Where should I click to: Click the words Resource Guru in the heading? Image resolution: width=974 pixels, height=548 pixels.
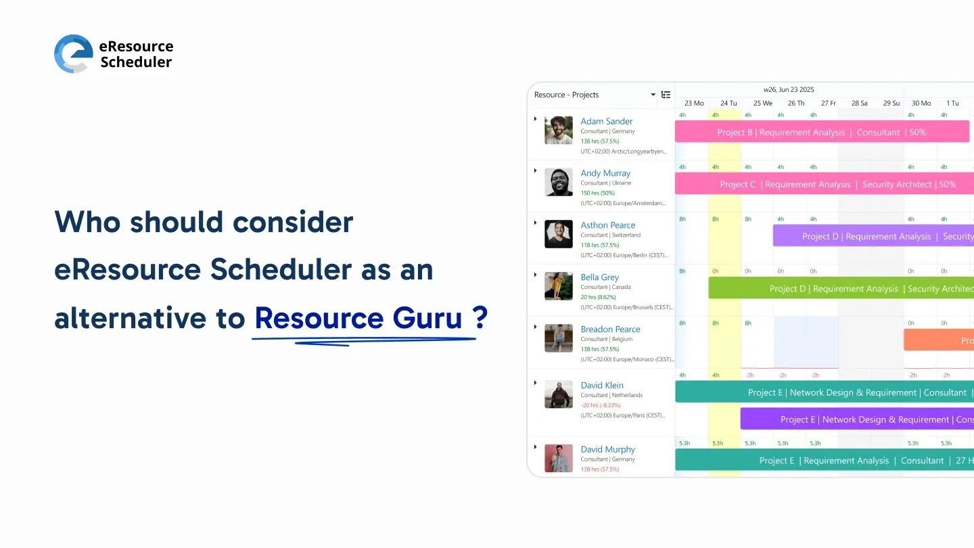[x=358, y=318]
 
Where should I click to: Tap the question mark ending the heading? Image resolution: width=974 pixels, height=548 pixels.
[x=480, y=318]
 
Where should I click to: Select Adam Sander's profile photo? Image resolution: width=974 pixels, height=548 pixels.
[x=558, y=130]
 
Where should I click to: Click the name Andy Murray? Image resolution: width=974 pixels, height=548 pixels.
[x=605, y=173]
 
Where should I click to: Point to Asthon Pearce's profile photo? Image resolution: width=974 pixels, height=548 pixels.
[x=558, y=234]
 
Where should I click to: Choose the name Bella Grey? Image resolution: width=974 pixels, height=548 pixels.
[x=600, y=277]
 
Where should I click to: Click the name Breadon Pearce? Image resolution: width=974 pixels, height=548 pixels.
[x=610, y=329]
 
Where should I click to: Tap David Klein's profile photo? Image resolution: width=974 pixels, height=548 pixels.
[x=558, y=394]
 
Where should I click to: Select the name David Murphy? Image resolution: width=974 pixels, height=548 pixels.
[x=607, y=449]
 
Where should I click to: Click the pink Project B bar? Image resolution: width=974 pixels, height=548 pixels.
[x=821, y=133]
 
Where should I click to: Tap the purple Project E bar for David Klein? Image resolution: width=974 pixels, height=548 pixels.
[x=856, y=419]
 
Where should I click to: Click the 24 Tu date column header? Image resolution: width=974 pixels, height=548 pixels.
[x=728, y=104]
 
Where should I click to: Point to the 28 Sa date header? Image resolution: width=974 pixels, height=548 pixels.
[x=859, y=104]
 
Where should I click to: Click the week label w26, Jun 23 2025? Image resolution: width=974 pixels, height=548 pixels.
[x=789, y=89]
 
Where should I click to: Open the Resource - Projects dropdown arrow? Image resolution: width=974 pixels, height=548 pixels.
[x=653, y=95]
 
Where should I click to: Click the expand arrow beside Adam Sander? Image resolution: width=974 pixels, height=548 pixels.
[x=535, y=119]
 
